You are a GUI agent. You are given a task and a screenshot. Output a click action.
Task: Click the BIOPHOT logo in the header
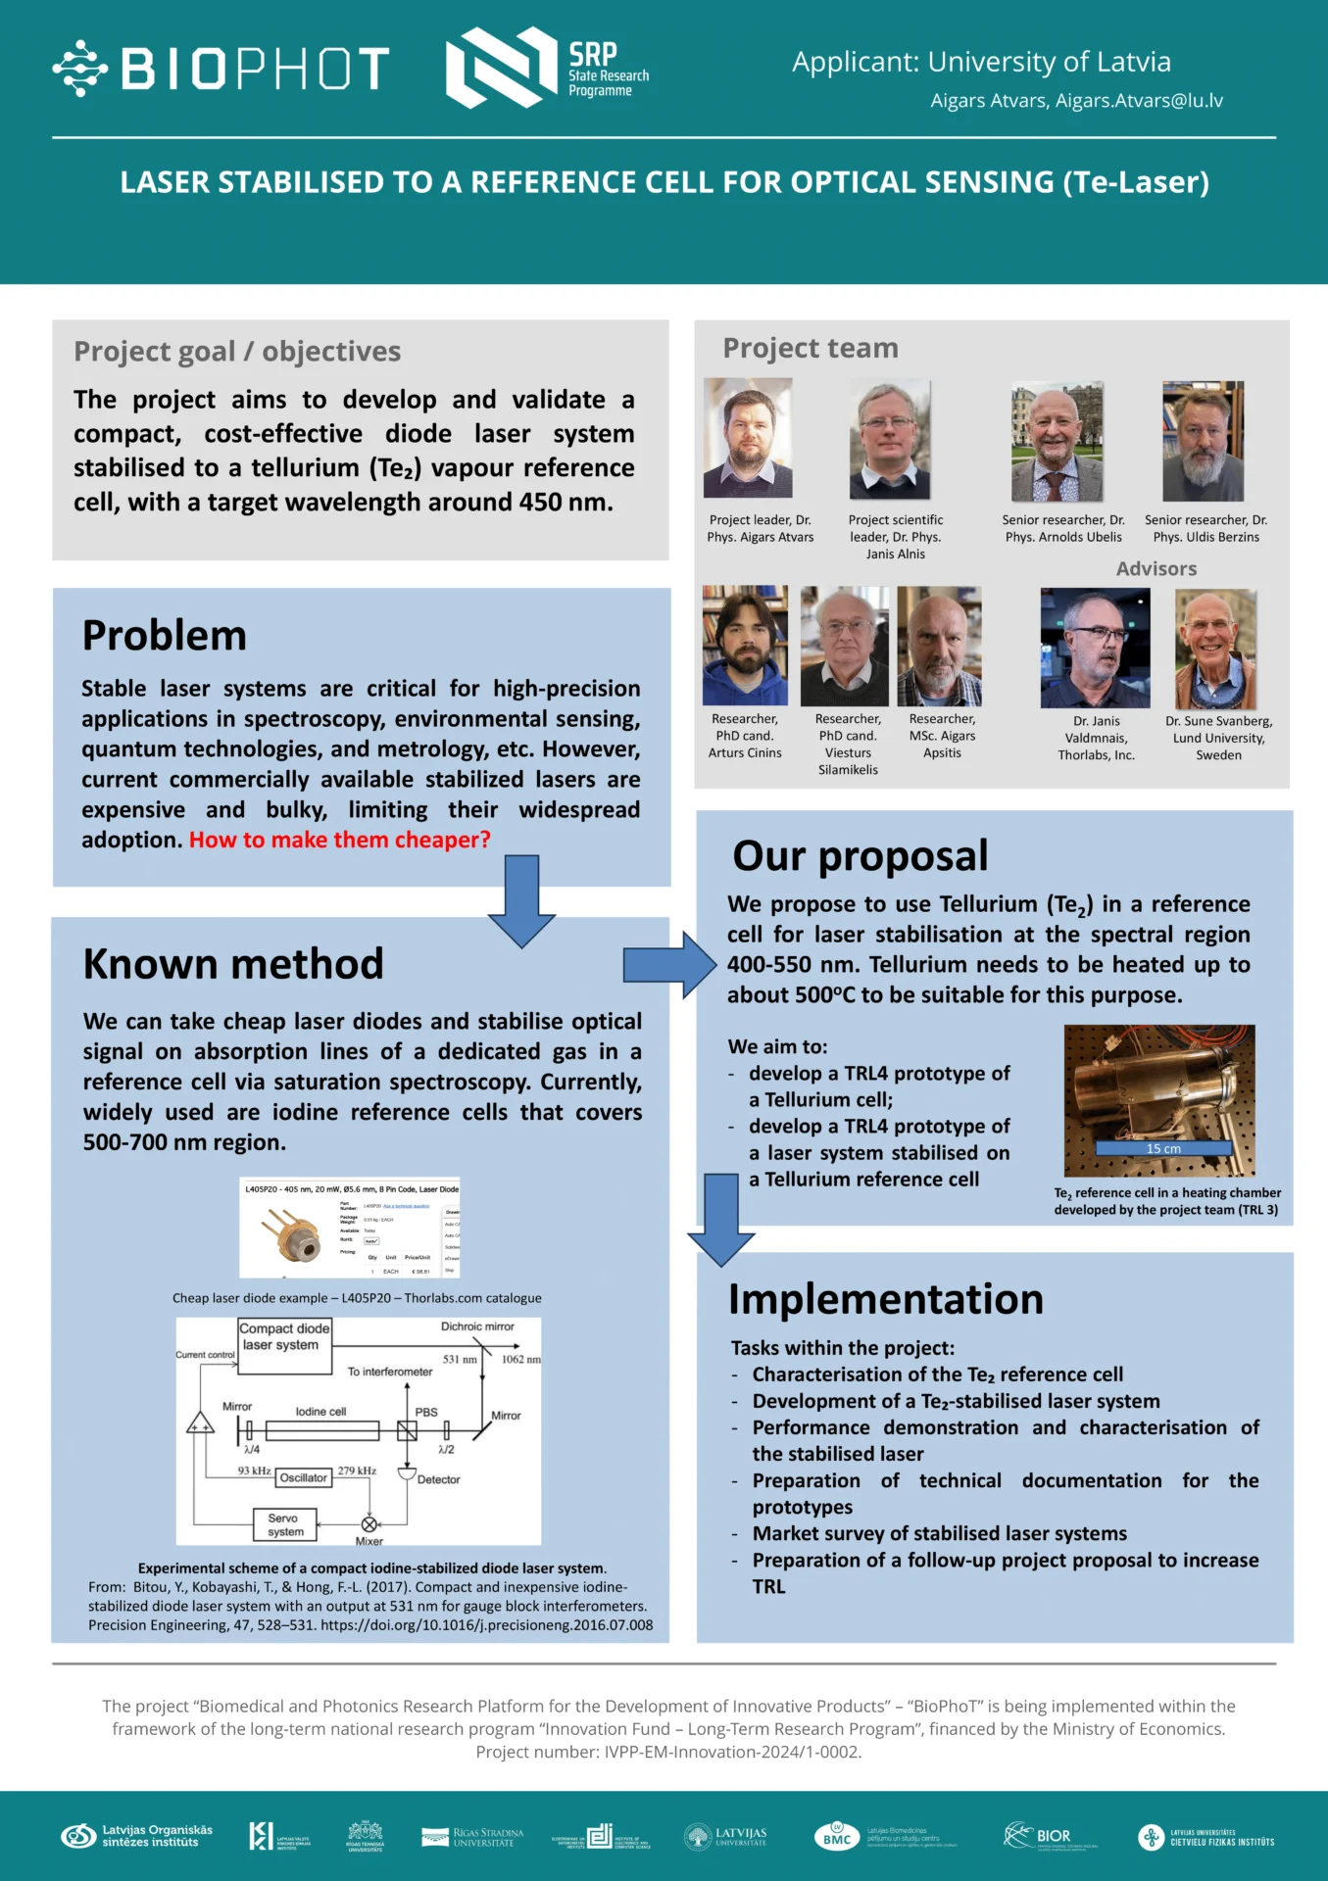pos(221,69)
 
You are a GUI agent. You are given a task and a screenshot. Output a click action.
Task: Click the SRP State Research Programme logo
pos(547,68)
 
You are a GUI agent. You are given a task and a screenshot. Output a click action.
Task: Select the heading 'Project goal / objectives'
pos(237,352)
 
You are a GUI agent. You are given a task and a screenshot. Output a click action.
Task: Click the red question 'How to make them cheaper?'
pos(339,841)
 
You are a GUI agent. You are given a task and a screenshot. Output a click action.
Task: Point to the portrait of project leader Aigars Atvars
pos(748,438)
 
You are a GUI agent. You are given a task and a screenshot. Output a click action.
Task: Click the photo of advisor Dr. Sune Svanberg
pos(1215,649)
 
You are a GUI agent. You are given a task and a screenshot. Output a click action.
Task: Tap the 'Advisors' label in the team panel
pos(1156,569)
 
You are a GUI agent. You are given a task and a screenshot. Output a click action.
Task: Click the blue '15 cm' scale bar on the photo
pos(1163,1148)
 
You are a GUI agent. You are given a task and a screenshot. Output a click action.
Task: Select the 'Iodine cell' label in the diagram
pos(320,1412)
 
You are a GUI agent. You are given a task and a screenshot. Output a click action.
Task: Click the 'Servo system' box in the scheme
pos(285,1524)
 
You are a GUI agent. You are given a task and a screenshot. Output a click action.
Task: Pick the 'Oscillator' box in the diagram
pos(303,1477)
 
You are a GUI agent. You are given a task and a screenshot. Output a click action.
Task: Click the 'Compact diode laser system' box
pos(284,1345)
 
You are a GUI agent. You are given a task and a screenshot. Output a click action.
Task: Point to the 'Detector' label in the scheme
pos(438,1479)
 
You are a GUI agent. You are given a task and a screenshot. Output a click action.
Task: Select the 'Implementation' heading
pos(886,1300)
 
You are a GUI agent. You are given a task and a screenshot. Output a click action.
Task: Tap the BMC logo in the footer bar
pos(837,1836)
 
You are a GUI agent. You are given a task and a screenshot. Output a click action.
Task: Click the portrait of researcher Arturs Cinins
pos(745,646)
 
